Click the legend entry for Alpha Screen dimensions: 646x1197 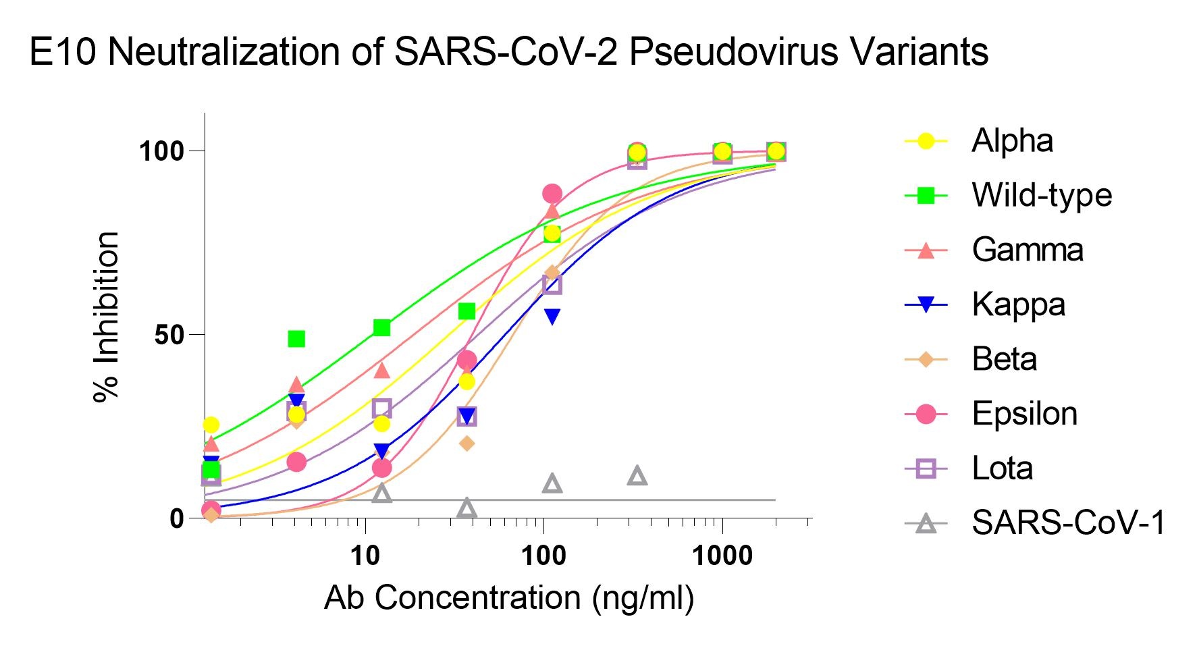pyautogui.click(x=1011, y=141)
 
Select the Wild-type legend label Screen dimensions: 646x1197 pyautogui.click(x=1041, y=196)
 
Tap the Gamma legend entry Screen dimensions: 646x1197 pyautogui.click(x=1027, y=250)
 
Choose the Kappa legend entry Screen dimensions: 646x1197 pyautogui.click(x=1018, y=305)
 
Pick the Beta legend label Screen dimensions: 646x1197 pyautogui.click(x=1004, y=359)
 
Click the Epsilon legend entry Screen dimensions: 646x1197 pyautogui.click(x=1023, y=414)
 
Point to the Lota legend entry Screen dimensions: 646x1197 pyautogui.click(x=1002, y=468)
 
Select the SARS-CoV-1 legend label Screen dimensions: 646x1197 pyautogui.click(x=1068, y=522)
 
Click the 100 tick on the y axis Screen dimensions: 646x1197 pyautogui.click(x=162, y=151)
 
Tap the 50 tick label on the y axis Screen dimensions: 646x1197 pyautogui.click(x=169, y=335)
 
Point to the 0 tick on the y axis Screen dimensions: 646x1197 pyautogui.click(x=177, y=519)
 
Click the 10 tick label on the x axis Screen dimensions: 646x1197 pyautogui.click(x=365, y=556)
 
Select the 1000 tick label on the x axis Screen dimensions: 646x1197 pyautogui.click(x=722, y=556)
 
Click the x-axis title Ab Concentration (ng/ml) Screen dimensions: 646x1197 pyautogui.click(x=509, y=598)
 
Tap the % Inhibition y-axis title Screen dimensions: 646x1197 pyautogui.click(x=107, y=317)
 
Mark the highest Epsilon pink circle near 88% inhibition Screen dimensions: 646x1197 pyautogui.click(x=552, y=194)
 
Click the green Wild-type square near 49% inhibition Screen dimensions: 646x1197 pyautogui.click(x=296, y=339)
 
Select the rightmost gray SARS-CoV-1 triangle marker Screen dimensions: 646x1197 pyautogui.click(x=637, y=476)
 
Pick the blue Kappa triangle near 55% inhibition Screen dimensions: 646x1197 pyautogui.click(x=552, y=316)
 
